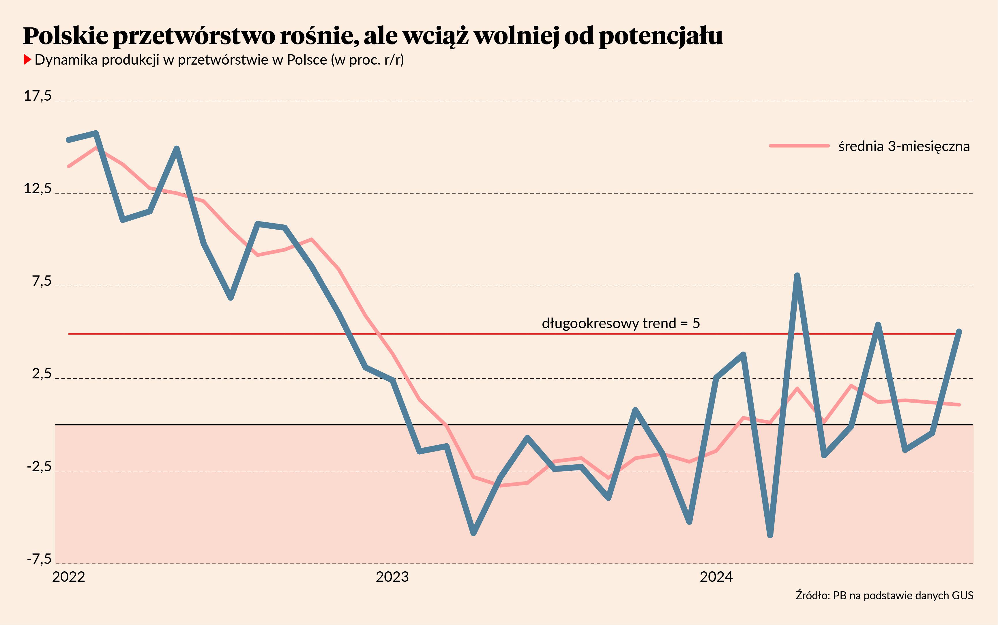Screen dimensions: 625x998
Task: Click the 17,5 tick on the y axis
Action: coord(38,96)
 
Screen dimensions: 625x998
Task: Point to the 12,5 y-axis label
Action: coord(38,189)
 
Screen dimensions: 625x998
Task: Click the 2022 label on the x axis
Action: coord(69,577)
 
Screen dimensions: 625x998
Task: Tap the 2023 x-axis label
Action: coord(392,577)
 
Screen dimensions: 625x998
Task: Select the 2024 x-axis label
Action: coord(716,577)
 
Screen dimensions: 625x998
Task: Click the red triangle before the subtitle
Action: coord(27,59)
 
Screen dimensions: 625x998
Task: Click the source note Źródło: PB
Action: coord(884,595)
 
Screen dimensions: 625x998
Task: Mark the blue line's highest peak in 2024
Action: coord(797,275)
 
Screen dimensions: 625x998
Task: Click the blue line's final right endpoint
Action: coord(959,331)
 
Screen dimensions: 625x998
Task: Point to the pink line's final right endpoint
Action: coord(959,404)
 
